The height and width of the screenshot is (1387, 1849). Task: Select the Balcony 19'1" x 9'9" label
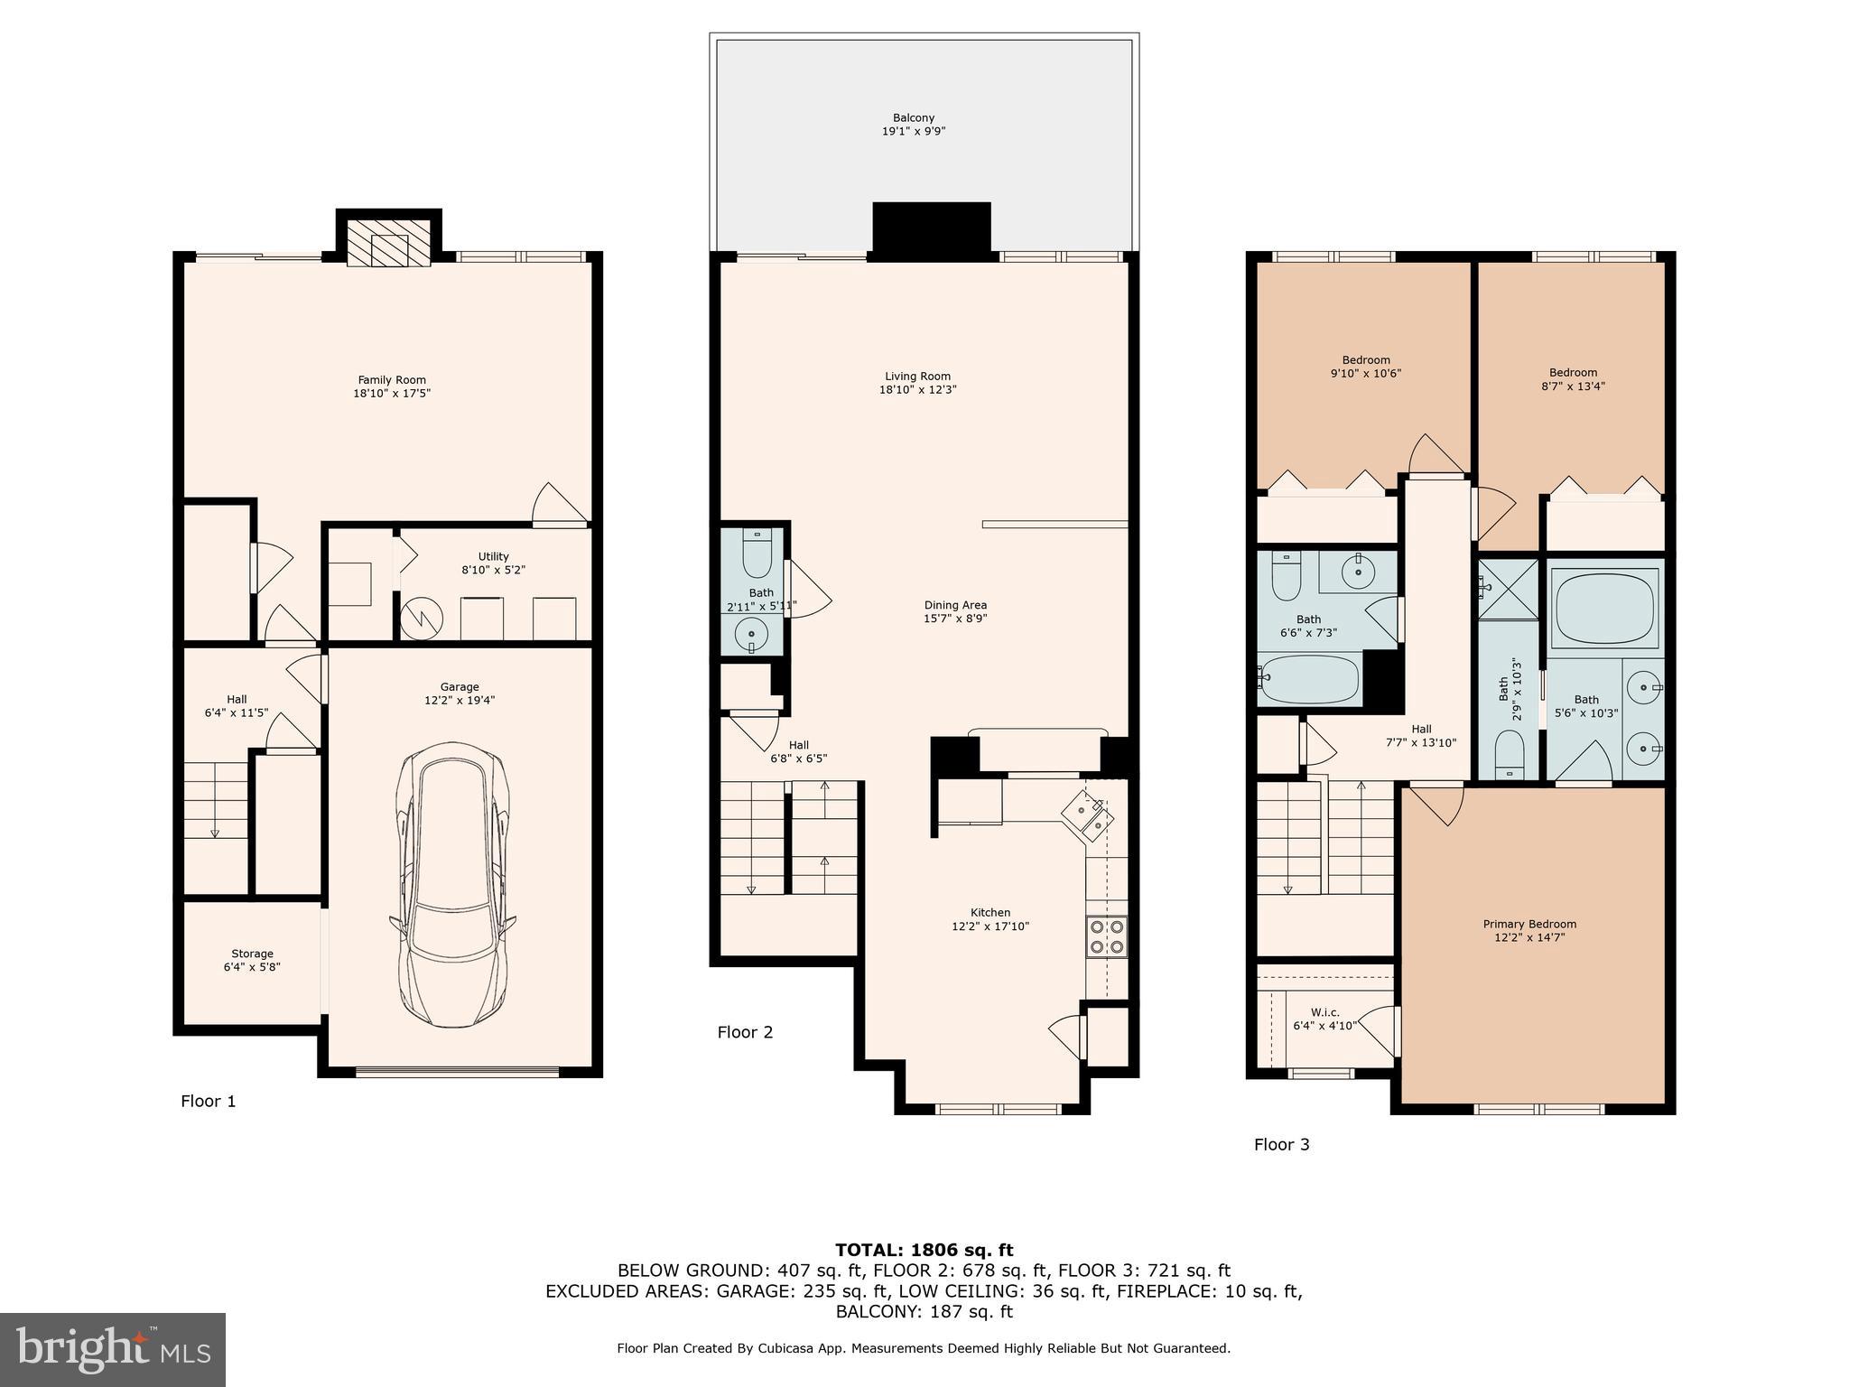pyautogui.click(x=914, y=125)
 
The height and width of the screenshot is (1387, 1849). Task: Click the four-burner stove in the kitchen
pyautogui.click(x=1106, y=936)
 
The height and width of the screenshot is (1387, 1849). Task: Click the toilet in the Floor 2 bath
pyautogui.click(x=757, y=554)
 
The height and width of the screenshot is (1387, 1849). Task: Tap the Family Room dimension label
pyautogui.click(x=392, y=386)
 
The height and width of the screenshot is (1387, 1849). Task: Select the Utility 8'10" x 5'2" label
pyautogui.click(x=493, y=563)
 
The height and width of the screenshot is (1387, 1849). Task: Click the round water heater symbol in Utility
pyautogui.click(x=422, y=619)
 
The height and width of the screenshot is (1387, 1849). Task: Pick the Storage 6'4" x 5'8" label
pyautogui.click(x=252, y=960)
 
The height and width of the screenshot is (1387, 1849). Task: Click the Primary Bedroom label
pyautogui.click(x=1529, y=930)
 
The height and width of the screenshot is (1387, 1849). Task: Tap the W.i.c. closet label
pyautogui.click(x=1324, y=1019)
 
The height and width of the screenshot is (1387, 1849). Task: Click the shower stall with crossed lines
pyautogui.click(x=1507, y=590)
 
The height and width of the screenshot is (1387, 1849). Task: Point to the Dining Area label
pyautogui.click(x=955, y=611)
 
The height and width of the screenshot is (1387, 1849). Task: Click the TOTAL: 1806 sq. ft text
pyautogui.click(x=924, y=1250)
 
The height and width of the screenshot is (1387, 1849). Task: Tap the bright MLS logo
pyautogui.click(x=112, y=1349)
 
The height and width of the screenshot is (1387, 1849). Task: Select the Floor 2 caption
pyautogui.click(x=745, y=1032)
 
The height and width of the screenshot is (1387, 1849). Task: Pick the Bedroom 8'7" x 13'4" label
pyautogui.click(x=1573, y=379)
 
